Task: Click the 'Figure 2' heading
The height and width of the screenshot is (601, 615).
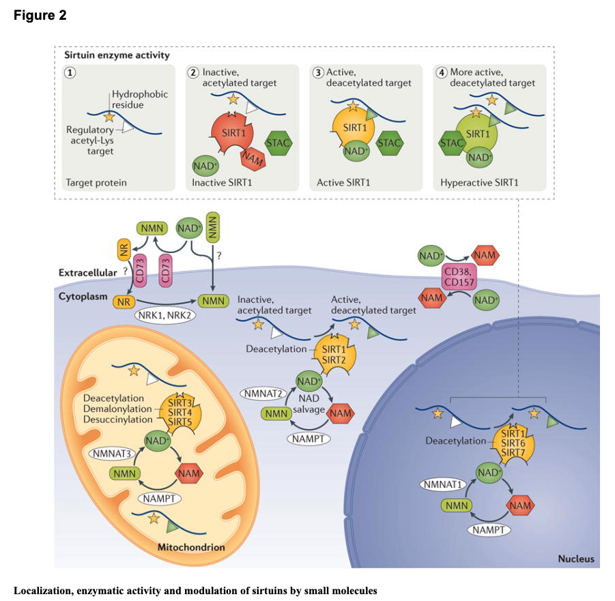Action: point(40,15)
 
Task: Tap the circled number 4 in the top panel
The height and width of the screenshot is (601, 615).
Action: point(442,72)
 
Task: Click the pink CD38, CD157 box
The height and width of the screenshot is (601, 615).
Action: point(460,277)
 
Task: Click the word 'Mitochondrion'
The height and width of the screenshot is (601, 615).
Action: point(190,547)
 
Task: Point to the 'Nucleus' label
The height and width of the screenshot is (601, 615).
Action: point(575,559)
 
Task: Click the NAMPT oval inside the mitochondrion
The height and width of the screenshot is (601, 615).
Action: point(160,499)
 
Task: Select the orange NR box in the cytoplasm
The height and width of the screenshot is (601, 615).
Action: point(124,301)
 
